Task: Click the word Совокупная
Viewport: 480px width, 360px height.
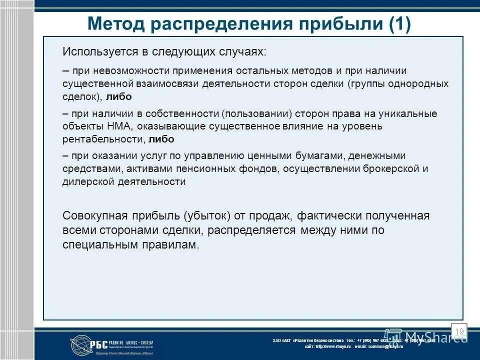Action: (93, 216)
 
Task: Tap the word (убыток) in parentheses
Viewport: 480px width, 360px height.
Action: (207, 216)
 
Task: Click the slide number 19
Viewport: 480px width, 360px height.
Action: (459, 332)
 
